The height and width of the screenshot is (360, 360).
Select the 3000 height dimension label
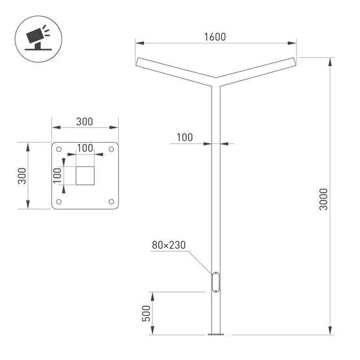pos(324,198)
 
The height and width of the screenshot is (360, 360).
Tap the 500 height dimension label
pos(146,313)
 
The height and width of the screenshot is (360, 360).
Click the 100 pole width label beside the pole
pos(184,137)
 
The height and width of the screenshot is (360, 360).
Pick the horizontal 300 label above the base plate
pos(84,121)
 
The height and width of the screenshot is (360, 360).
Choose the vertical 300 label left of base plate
pos(21,176)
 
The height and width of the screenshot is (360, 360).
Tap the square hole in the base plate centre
pos(85,176)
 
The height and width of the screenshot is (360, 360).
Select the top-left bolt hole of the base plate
pos(60,150)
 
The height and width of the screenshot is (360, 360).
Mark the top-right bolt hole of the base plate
pos(111,150)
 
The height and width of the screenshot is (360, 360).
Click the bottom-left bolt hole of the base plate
pos(60,202)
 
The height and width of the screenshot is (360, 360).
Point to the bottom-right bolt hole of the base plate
pos(111,202)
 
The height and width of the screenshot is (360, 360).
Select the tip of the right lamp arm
pos(295,62)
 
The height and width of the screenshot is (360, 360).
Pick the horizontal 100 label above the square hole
pos(84,148)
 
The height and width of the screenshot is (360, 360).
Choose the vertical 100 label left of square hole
pos(56,175)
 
